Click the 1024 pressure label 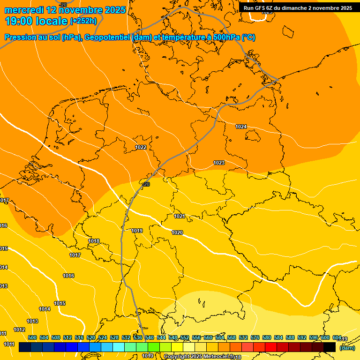tap(241, 127)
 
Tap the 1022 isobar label tap(141, 147)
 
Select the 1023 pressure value tap(219, 163)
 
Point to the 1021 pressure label tap(180, 216)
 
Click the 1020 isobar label tap(177, 232)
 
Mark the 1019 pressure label tap(137, 231)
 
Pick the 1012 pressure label tap(19, 330)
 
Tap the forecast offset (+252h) tap(83, 21)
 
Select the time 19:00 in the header tap(20, 21)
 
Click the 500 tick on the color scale tap(32, 337)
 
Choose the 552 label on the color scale tap(185, 337)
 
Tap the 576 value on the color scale tap(255, 337)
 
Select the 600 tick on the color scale tap(325, 337)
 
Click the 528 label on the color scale tap(114, 337)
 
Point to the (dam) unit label tap(347, 348)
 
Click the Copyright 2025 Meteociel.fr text tap(199, 357)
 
